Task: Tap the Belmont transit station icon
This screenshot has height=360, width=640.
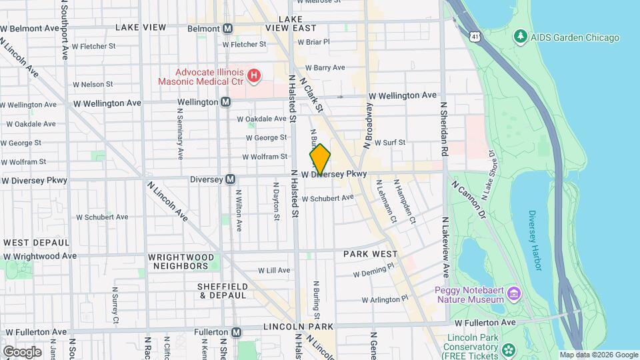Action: click(228, 29)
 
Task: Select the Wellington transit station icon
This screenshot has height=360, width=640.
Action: click(225, 102)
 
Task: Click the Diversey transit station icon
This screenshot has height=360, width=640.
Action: click(230, 179)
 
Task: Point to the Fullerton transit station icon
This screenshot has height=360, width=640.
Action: click(237, 332)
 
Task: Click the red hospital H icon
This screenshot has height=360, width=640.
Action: click(253, 77)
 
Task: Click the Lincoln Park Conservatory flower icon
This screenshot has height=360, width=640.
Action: click(509, 349)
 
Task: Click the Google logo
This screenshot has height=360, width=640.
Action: click(22, 351)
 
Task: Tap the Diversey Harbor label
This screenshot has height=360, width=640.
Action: click(535, 241)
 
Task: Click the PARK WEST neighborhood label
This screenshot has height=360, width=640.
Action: click(370, 254)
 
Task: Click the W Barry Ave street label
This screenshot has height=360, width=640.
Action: click(325, 67)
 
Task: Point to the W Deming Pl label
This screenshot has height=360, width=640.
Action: click(374, 273)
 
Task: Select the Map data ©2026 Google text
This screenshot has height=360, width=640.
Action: click(598, 355)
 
